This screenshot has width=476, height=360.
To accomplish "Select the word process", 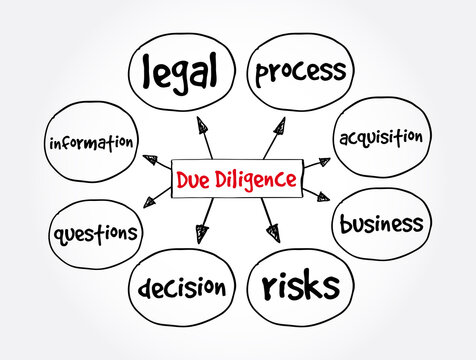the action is click(301, 71).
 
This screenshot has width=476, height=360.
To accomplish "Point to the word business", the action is click(381, 222).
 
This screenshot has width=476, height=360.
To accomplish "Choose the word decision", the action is click(183, 288).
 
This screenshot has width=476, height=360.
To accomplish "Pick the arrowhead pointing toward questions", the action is click(150, 203).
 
